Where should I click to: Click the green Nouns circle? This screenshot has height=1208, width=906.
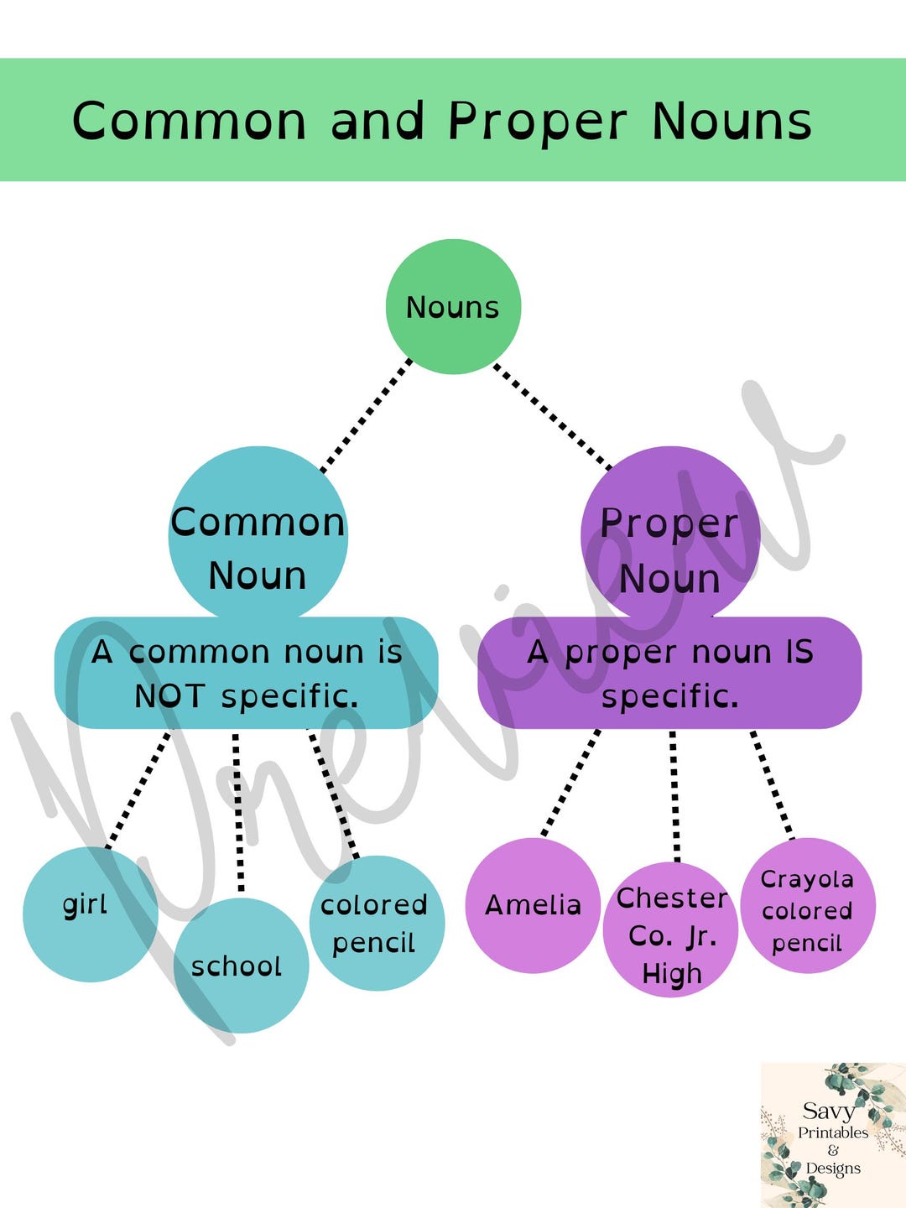pos(453,306)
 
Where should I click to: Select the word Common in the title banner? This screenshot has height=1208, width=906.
pos(189,121)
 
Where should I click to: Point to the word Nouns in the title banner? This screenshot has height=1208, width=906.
pos(732,121)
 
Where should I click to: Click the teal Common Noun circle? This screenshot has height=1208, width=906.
pos(258,534)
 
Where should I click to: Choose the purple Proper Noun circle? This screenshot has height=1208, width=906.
pos(670,534)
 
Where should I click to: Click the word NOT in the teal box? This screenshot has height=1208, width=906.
pos(169,695)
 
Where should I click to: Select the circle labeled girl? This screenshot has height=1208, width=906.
pos(91,914)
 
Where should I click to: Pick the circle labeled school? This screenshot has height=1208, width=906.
pos(241,966)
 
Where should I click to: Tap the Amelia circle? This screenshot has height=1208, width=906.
pos(533,905)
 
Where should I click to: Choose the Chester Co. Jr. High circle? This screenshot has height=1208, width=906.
pos(670,929)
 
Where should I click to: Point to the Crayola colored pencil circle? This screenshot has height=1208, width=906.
pos(808,905)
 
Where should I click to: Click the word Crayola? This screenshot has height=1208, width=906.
pos(807,880)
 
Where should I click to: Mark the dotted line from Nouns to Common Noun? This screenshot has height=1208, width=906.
pos(366,416)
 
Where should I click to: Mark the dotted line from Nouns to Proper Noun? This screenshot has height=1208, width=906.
pos(552,417)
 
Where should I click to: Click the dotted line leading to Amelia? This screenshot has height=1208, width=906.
pos(570,784)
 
